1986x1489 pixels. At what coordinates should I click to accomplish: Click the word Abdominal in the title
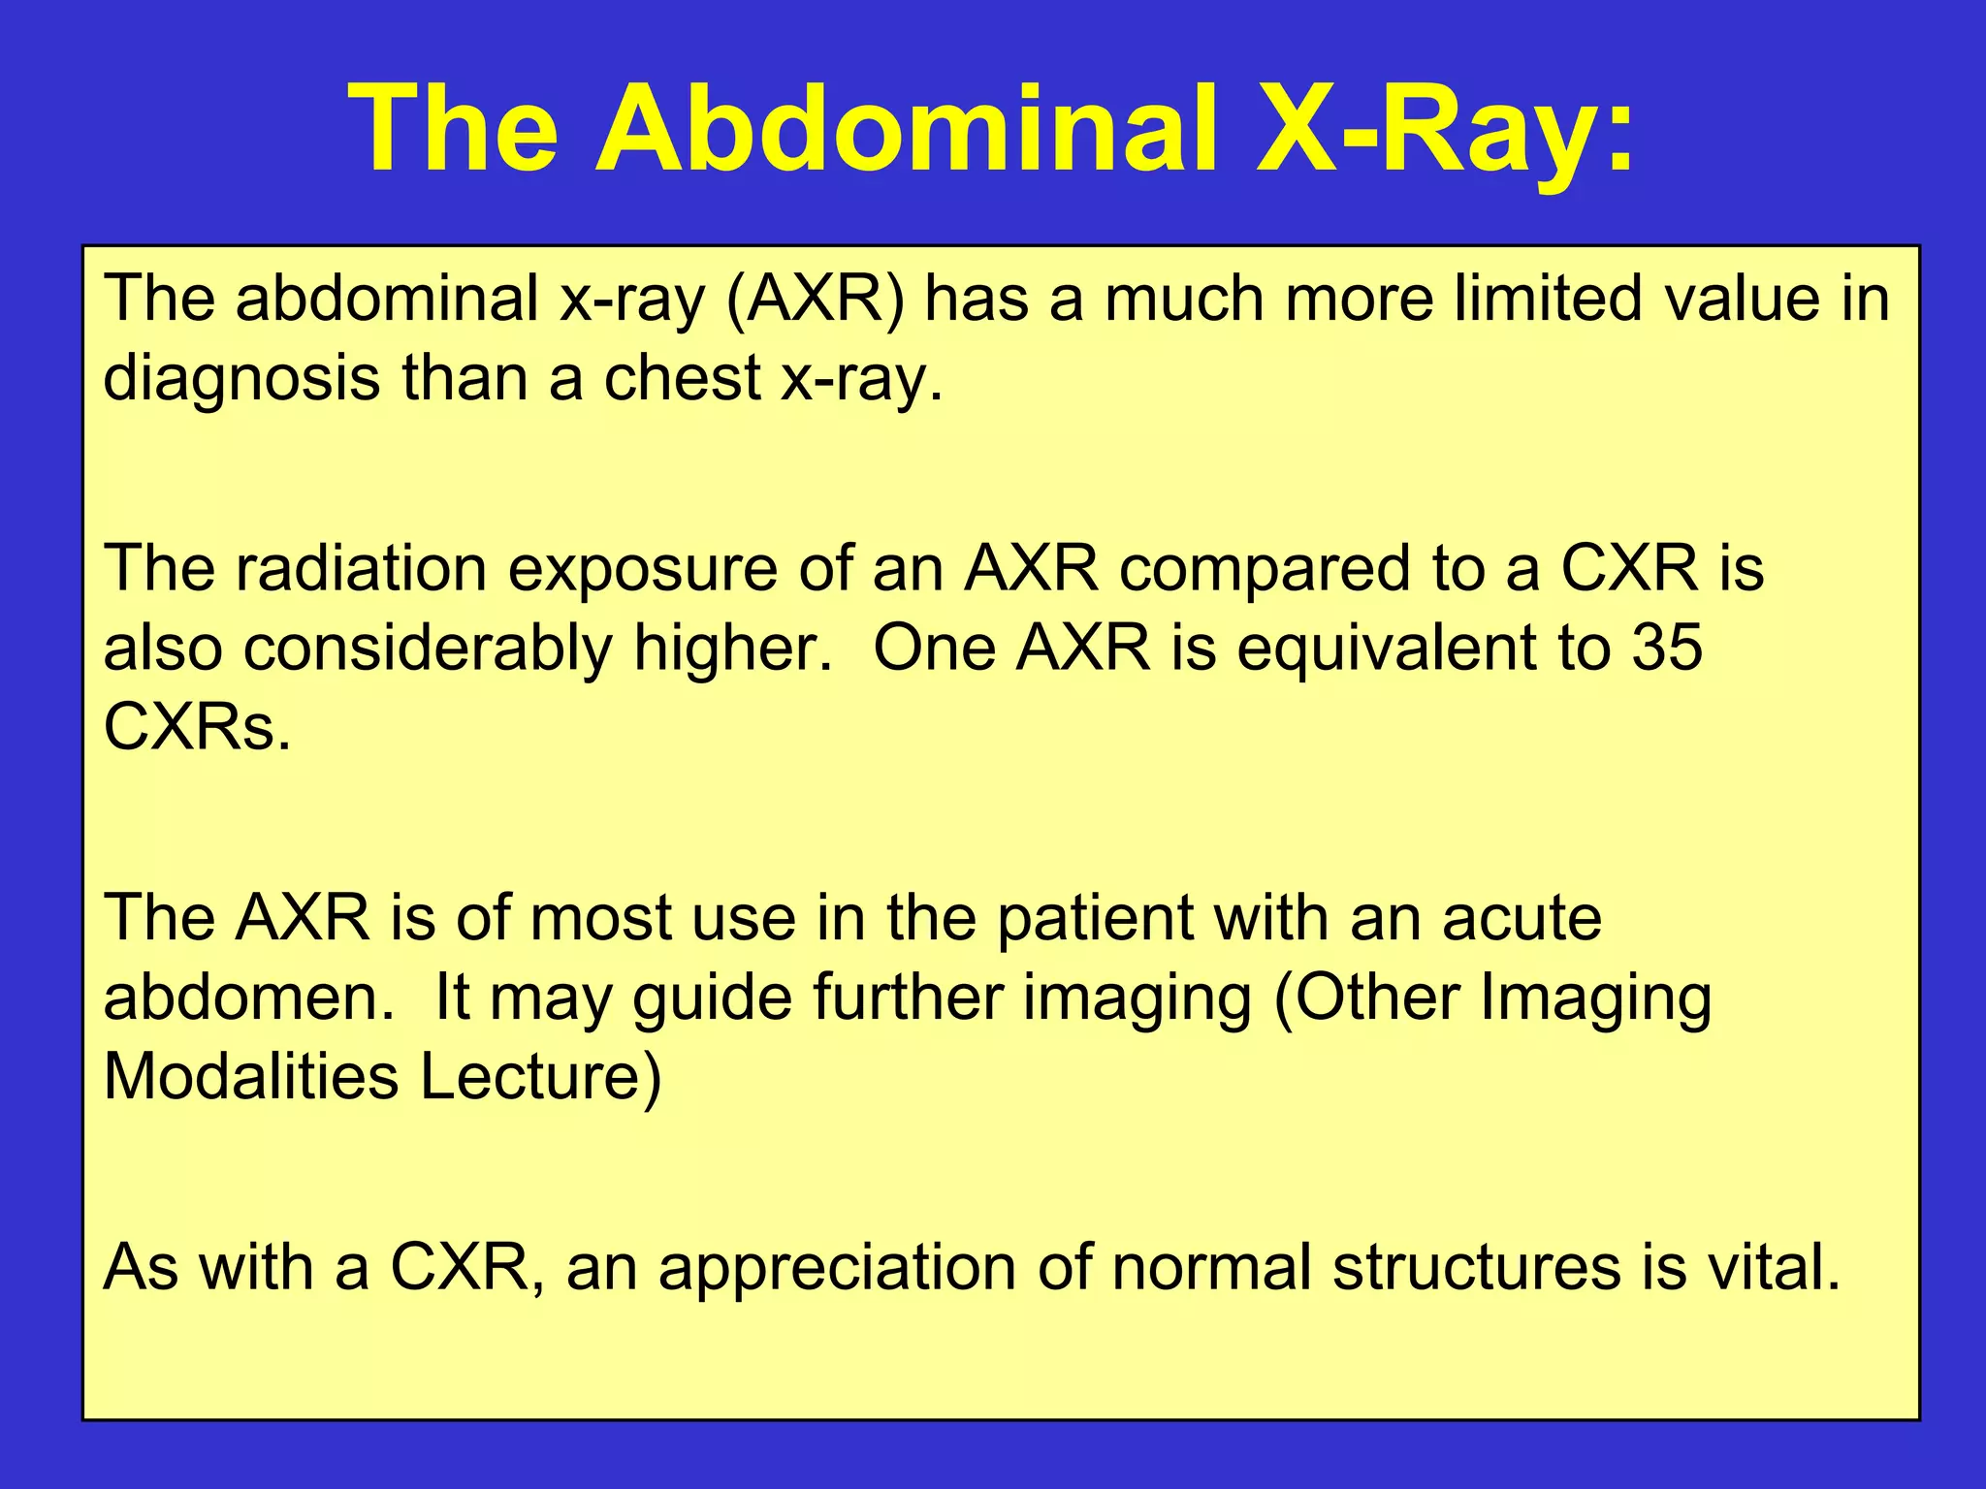pyautogui.click(x=906, y=128)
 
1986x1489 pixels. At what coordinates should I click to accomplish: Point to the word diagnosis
pyautogui.click(x=241, y=380)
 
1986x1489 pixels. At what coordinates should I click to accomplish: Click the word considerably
pyautogui.click(x=427, y=649)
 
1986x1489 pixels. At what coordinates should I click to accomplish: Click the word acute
pyautogui.click(x=1522, y=919)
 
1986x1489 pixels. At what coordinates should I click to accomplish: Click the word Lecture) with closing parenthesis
pyautogui.click(x=541, y=1078)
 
